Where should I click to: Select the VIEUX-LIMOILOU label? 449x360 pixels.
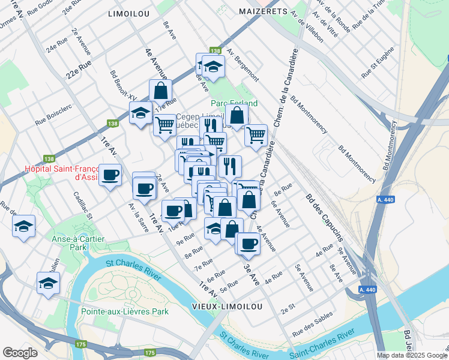[227, 307]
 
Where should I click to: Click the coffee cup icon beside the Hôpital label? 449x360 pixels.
[110, 175]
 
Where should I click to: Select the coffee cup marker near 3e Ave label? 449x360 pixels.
[247, 243]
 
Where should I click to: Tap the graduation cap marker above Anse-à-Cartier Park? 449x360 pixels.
[24, 226]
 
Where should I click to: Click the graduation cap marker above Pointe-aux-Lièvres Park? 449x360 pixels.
[48, 284]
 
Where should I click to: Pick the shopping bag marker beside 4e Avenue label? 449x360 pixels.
[160, 91]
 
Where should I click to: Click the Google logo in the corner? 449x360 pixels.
[20, 352]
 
